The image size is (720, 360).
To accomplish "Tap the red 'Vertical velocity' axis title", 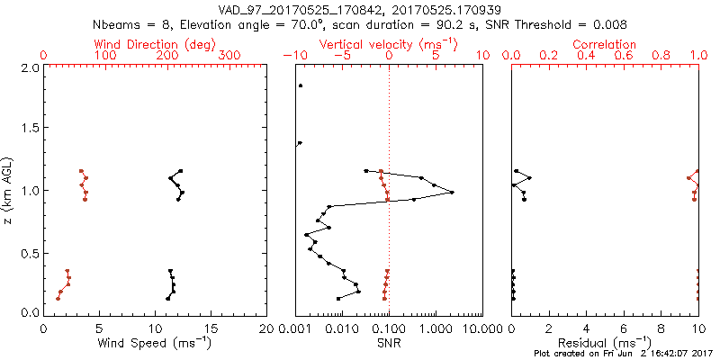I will [389, 44].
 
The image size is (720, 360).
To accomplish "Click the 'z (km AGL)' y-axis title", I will [9, 189].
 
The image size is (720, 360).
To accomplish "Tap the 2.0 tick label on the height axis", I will [30, 67].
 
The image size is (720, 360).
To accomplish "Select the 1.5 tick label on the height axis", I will [30, 129].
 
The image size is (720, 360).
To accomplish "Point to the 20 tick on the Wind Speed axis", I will [267, 328].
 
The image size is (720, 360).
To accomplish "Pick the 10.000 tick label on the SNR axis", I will [481, 328].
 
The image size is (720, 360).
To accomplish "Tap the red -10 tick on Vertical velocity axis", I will [294, 55].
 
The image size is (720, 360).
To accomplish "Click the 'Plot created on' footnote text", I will [621, 354].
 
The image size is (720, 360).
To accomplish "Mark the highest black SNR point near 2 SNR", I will [452, 193].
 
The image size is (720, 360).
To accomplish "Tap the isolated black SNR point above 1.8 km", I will [301, 86].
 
